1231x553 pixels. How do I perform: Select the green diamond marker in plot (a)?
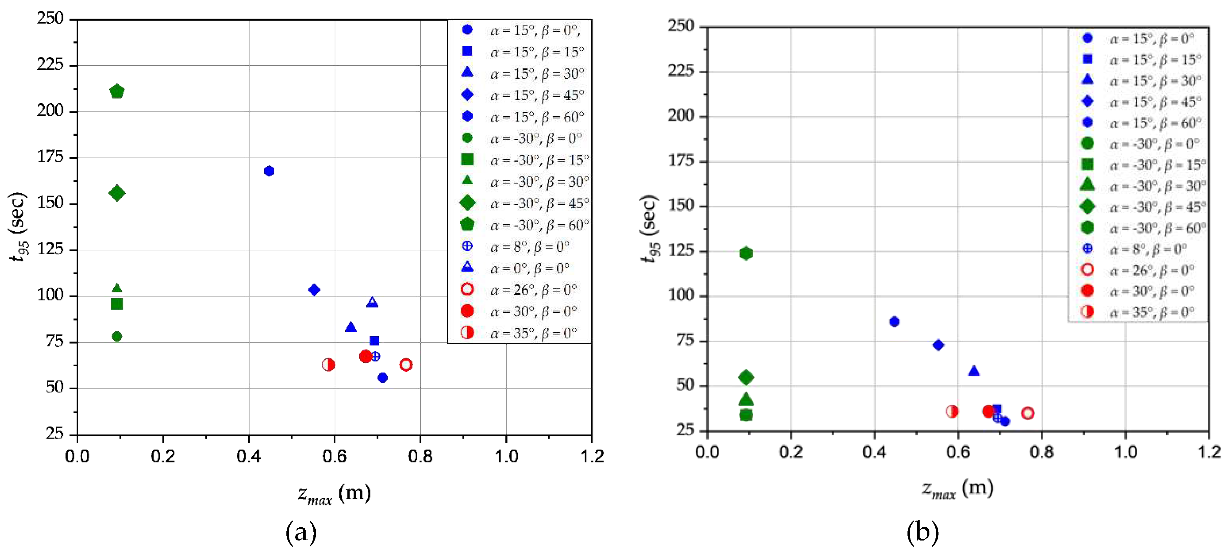(117, 193)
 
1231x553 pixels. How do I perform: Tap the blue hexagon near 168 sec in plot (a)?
(269, 171)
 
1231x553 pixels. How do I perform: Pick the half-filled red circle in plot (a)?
(328, 365)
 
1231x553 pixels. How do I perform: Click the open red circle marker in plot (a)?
(406, 365)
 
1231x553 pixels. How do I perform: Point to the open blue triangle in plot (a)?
(372, 302)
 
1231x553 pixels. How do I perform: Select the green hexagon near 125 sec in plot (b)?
(746, 253)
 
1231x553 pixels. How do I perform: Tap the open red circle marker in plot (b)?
(1028, 413)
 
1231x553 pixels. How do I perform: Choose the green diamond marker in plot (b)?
(746, 377)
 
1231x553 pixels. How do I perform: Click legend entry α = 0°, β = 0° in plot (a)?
(530, 268)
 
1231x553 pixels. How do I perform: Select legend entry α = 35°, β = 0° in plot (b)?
(1152, 312)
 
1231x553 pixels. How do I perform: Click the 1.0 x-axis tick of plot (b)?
(1126, 452)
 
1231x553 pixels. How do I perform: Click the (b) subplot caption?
(922, 532)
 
